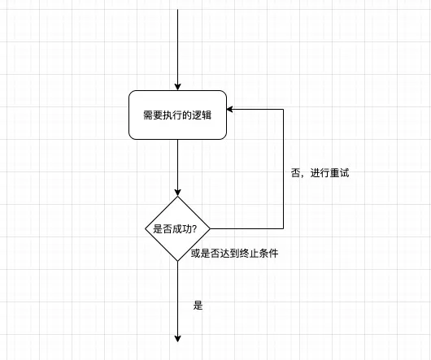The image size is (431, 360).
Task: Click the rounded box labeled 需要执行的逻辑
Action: coord(176,115)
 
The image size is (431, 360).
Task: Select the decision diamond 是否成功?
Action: coord(176,228)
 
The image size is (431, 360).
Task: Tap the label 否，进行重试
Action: coord(320,173)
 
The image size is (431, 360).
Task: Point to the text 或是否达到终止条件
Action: coord(235,253)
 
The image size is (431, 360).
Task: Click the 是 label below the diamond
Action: coord(198,306)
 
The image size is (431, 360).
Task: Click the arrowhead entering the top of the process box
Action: coord(176,85)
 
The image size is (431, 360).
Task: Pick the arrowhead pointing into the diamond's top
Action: coord(176,191)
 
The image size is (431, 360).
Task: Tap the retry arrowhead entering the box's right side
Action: coord(231,109)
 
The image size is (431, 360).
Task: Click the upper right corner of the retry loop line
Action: coord(283,109)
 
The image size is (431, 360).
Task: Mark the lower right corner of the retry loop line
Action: coord(283,228)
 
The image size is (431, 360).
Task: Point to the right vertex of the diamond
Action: coord(209,228)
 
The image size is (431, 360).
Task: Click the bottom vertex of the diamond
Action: coord(176,261)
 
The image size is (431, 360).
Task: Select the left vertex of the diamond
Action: coord(144,228)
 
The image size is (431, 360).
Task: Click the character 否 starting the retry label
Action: coord(295,173)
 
